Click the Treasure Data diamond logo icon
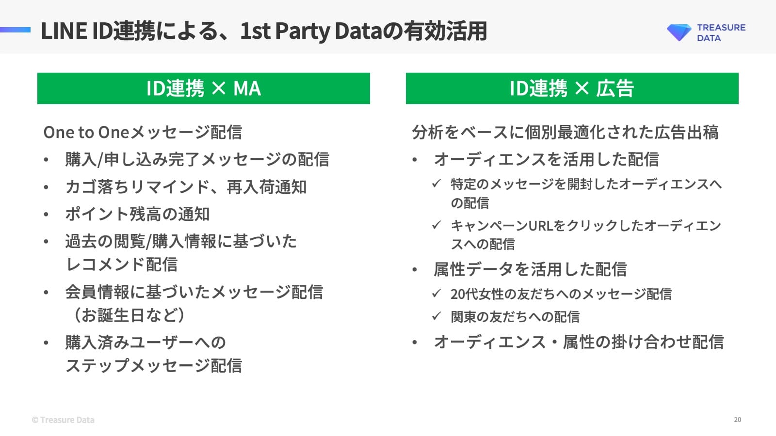(679, 32)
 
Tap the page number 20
(737, 420)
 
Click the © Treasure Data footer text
(63, 420)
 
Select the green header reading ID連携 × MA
(204, 89)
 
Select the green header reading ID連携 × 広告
(572, 89)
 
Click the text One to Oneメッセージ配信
(143, 132)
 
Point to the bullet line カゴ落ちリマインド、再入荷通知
(186, 187)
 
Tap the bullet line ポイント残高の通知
(137, 214)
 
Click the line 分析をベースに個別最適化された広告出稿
(565, 132)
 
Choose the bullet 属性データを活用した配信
(530, 269)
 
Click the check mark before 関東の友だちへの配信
(436, 316)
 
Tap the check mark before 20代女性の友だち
(436, 293)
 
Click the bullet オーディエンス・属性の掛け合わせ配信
(579, 342)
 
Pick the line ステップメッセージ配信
(154, 366)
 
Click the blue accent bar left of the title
(15, 30)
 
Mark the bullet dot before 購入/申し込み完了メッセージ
(46, 160)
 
